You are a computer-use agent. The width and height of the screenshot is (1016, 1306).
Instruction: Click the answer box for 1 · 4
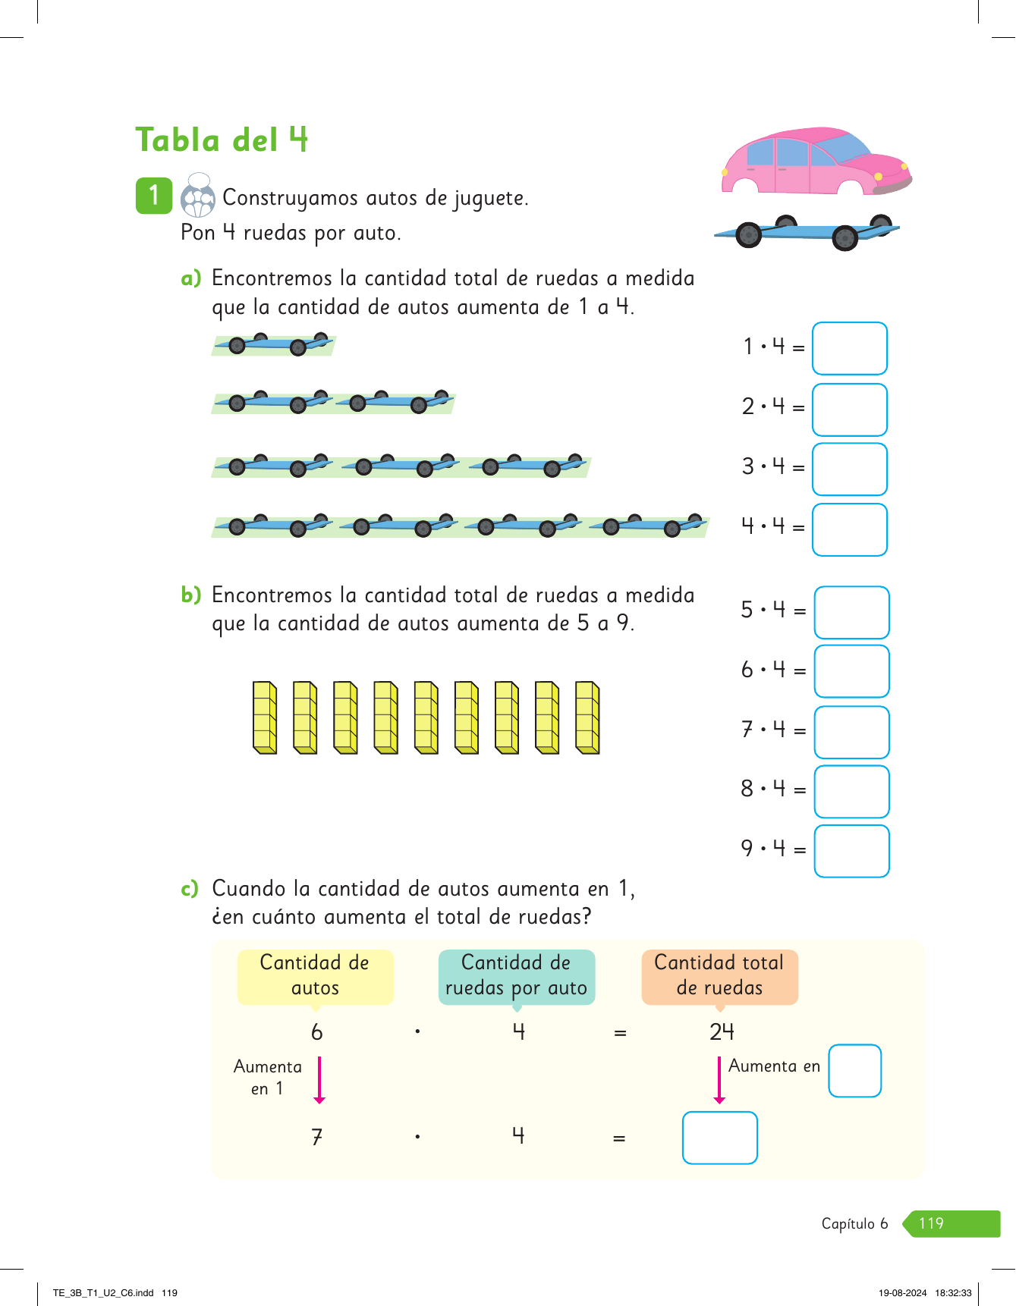pyautogui.click(x=849, y=348)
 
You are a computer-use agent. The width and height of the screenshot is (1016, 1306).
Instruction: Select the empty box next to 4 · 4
pyautogui.click(x=849, y=529)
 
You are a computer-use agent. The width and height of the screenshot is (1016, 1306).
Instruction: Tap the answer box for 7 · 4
pyautogui.click(x=851, y=732)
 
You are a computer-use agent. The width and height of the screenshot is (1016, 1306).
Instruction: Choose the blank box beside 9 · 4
pyautogui.click(x=851, y=851)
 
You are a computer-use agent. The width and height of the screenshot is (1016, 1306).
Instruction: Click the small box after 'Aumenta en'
pyautogui.click(x=854, y=1070)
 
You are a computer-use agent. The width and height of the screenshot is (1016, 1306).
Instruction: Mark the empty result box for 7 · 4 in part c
pyautogui.click(x=719, y=1137)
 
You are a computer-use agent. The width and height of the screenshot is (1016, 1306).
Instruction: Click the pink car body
pyautogui.click(x=812, y=162)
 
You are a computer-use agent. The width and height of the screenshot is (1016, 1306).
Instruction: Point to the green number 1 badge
pyautogui.click(x=154, y=195)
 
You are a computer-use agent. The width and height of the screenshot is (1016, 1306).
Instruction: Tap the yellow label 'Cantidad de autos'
pyautogui.click(x=315, y=976)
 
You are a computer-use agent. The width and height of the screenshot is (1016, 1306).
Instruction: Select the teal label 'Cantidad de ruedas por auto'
pyautogui.click(x=516, y=976)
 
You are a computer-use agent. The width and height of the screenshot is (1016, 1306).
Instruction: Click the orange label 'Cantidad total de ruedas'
pyautogui.click(x=719, y=976)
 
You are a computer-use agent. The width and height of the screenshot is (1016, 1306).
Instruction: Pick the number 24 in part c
pyautogui.click(x=722, y=1031)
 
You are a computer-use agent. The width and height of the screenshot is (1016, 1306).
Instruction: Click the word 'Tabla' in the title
pyautogui.click(x=178, y=141)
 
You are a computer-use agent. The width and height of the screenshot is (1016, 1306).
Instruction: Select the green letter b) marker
pyautogui.click(x=190, y=595)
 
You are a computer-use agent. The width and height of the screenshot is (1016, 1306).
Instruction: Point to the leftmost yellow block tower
pyautogui.click(x=265, y=717)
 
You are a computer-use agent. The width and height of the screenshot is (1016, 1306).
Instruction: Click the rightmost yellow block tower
pyautogui.click(x=587, y=717)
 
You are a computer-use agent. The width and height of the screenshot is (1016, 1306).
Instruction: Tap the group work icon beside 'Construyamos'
pyautogui.click(x=198, y=196)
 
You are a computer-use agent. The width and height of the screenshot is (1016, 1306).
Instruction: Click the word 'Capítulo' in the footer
pyautogui.click(x=848, y=1223)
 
